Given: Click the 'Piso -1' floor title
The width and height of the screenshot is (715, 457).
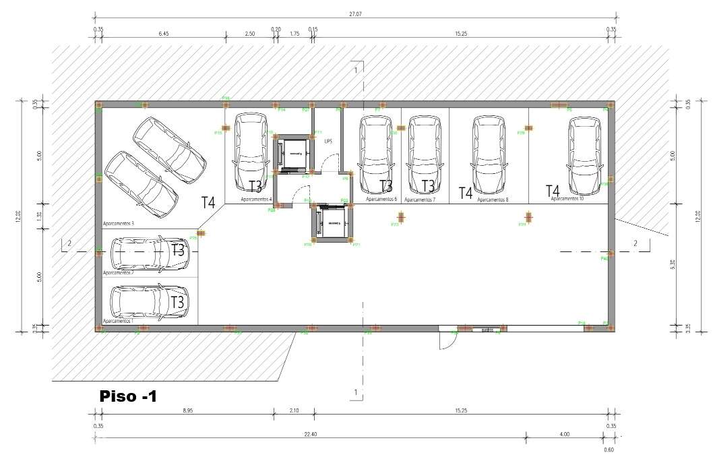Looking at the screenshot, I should click(128, 396).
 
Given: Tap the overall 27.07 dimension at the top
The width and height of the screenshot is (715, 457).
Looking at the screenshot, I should click(354, 13).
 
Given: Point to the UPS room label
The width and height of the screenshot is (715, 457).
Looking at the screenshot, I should click(328, 142).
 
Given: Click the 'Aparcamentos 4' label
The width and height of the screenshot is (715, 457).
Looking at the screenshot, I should click(257, 200).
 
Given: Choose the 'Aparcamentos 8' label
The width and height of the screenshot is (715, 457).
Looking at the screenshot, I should click(493, 200).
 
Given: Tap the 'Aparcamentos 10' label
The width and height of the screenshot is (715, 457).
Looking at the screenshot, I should click(567, 199).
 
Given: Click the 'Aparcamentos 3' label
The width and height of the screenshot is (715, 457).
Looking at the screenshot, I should click(119, 223).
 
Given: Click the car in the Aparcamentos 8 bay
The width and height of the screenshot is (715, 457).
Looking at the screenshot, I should click(489, 154).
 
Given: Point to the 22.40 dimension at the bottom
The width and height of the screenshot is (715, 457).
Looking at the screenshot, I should click(310, 434).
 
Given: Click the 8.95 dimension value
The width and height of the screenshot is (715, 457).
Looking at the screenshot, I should click(185, 410).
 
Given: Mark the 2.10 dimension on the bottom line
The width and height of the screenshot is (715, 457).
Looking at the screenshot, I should click(294, 410).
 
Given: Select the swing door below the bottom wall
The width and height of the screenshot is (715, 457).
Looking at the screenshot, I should click(445, 341).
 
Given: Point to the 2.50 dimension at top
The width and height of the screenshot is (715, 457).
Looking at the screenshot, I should click(249, 32).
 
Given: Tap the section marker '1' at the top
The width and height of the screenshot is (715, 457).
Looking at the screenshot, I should click(355, 69).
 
